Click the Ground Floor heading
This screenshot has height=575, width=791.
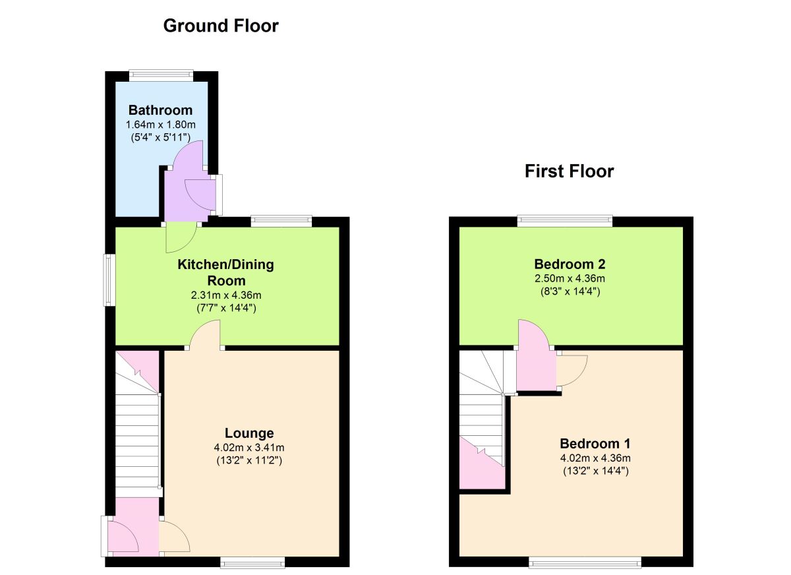(221, 26)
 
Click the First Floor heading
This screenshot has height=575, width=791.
(569, 171)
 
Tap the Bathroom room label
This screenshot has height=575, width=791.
(160, 110)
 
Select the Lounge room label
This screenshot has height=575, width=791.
(249, 433)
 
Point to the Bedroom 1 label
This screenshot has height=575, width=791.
(595, 443)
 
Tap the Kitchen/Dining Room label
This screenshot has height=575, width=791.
(225, 272)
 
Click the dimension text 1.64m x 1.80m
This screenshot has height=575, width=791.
(160, 125)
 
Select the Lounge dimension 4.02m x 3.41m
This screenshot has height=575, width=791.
(249, 448)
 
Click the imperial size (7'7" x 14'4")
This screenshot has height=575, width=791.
(225, 307)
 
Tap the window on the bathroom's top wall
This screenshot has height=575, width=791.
(161, 75)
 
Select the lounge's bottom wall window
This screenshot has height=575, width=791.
(252, 562)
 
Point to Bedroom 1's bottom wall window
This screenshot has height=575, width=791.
(585, 562)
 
